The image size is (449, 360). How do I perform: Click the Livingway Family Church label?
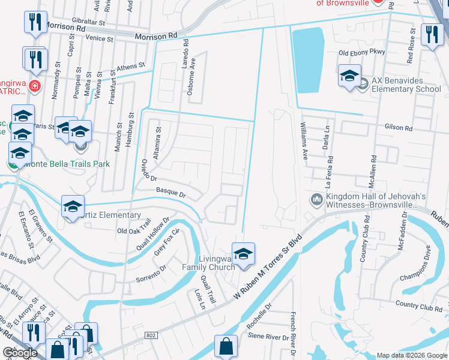[209, 262]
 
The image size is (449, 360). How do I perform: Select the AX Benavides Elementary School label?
[406, 85]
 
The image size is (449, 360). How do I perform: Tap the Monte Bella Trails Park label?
[68, 163]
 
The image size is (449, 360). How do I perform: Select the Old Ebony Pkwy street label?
[361, 53]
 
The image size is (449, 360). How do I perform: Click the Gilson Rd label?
[399, 128]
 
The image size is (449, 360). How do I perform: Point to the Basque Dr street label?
[171, 194]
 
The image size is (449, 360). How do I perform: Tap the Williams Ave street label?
[304, 141]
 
